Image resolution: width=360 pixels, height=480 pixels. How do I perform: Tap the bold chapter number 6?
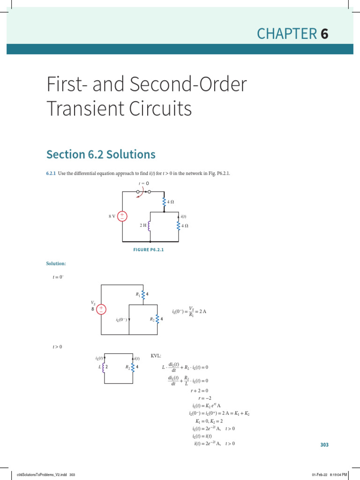click(x=324, y=34)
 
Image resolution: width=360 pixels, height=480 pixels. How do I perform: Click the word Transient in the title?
click(x=87, y=109)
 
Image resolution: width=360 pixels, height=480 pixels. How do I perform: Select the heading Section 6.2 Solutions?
click(x=101, y=154)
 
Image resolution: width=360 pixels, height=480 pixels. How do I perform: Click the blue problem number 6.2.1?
click(x=51, y=174)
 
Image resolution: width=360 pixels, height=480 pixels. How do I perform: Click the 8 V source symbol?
click(x=122, y=216)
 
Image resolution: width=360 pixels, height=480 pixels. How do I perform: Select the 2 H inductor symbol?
click(x=149, y=225)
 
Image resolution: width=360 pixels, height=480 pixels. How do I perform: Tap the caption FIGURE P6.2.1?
click(x=149, y=250)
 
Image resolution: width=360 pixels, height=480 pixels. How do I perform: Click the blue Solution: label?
click(x=56, y=264)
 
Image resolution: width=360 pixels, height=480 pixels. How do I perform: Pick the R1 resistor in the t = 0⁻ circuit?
click(x=142, y=294)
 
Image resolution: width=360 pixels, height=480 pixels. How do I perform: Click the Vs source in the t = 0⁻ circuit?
click(x=102, y=309)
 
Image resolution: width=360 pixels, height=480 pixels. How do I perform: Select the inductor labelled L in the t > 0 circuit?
click(x=103, y=367)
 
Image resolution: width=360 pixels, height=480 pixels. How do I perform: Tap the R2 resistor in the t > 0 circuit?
click(x=133, y=367)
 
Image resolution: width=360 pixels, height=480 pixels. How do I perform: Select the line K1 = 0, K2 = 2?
click(x=210, y=421)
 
